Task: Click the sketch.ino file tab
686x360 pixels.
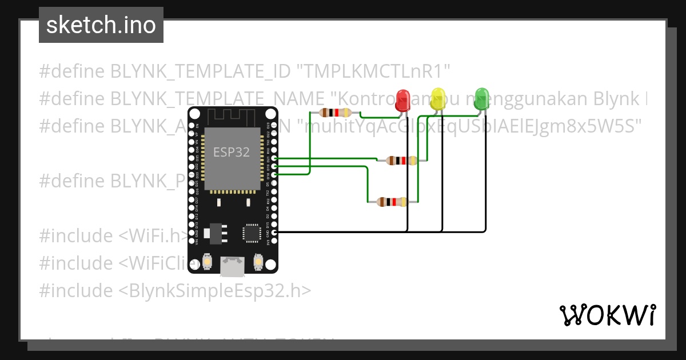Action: coord(101,25)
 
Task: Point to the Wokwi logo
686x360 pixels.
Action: coord(607,315)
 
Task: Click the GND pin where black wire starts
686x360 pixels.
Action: coord(275,232)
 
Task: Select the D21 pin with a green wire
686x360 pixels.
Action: coord(275,158)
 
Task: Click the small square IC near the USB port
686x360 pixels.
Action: coord(252,233)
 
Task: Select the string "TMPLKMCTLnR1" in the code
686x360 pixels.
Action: coord(374,71)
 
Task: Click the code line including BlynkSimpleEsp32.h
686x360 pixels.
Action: coord(175,290)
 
